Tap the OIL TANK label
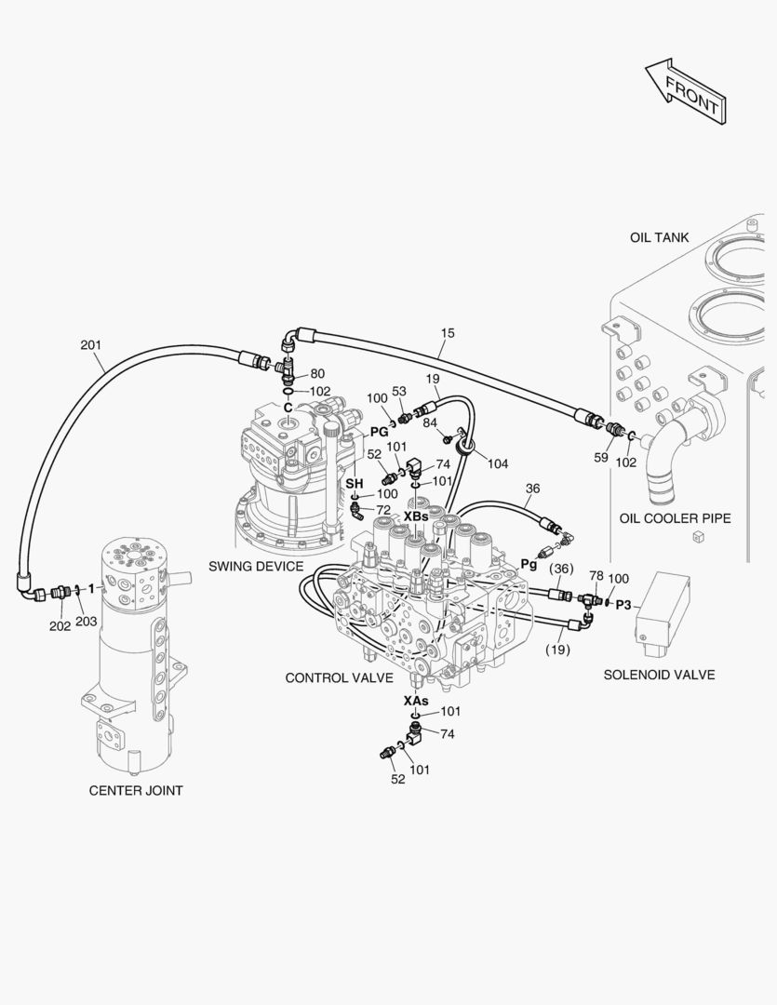[659, 237]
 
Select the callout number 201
[90, 346]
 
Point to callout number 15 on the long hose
[449, 332]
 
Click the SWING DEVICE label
[256, 566]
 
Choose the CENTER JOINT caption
[136, 791]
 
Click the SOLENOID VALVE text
[659, 675]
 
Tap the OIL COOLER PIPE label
[675, 518]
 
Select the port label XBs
[416, 516]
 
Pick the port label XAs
[416, 700]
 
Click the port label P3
[623, 605]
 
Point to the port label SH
[355, 484]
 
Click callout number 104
[498, 462]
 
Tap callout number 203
[86, 622]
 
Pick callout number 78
[596, 576]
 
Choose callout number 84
[430, 423]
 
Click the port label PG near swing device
[379, 432]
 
